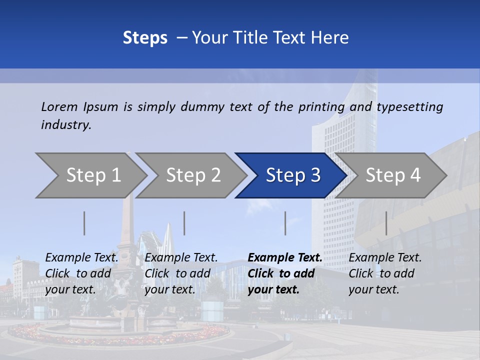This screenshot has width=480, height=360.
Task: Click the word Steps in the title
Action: point(145,38)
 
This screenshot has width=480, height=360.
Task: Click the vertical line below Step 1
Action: point(84,223)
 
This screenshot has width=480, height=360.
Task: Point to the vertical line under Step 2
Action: point(184,223)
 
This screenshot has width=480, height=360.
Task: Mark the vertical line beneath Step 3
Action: point(285,223)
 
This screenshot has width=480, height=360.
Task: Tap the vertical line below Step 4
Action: point(386,223)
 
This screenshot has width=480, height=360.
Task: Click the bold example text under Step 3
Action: point(284,273)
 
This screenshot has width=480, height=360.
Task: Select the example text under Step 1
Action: point(81,273)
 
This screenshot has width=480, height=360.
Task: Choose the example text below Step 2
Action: point(181,273)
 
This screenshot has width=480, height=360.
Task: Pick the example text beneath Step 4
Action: point(384,273)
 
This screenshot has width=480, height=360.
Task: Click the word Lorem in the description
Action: point(59,106)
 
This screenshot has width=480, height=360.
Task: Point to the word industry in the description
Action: point(66,125)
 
